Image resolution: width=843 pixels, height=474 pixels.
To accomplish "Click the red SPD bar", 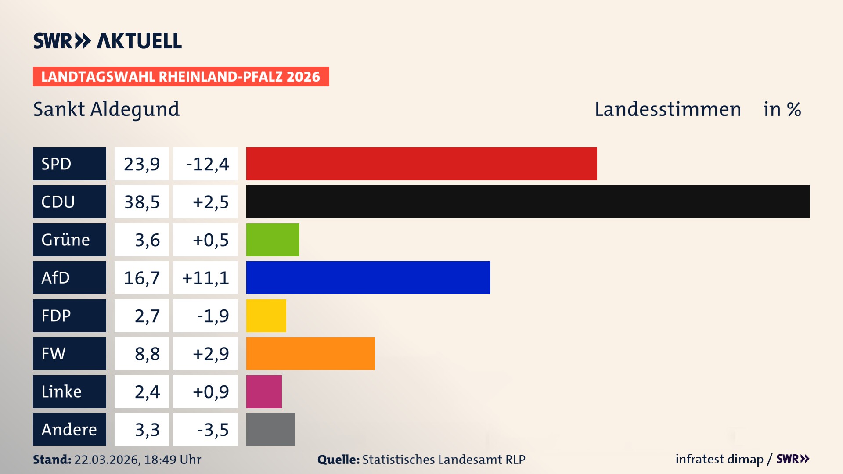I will click(x=421, y=164).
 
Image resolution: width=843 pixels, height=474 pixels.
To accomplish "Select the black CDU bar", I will click(x=528, y=202).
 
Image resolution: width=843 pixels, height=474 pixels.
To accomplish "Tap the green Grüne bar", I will click(x=273, y=240).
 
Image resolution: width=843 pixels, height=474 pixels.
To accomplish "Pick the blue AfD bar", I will click(x=368, y=278).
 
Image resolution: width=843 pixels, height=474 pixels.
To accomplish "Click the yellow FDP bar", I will click(x=266, y=316).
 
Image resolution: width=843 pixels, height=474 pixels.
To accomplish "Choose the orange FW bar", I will click(x=310, y=353).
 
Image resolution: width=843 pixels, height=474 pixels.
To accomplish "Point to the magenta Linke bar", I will click(x=264, y=391).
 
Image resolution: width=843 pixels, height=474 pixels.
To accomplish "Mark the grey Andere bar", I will click(x=270, y=429).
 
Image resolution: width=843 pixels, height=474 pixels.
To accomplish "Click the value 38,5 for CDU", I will click(x=141, y=202).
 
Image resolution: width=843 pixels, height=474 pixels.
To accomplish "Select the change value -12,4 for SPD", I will click(x=207, y=164).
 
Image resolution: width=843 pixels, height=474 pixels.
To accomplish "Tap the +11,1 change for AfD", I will click(x=205, y=278).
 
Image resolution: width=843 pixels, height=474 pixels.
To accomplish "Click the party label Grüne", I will click(x=66, y=240).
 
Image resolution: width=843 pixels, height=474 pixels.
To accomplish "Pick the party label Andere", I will click(x=69, y=429).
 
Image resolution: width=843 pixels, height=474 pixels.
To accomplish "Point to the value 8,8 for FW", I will click(x=147, y=354).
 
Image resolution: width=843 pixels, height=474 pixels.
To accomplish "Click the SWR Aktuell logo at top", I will click(x=108, y=41).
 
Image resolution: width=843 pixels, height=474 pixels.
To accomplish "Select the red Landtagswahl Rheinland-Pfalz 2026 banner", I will click(x=181, y=77).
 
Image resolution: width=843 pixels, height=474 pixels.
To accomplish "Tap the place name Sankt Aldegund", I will click(x=106, y=109).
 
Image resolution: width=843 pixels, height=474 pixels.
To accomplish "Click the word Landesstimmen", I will click(x=667, y=109).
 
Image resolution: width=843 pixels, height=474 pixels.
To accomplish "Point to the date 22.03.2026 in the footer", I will click(x=107, y=460).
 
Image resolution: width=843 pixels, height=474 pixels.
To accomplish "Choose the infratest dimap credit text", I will click(x=719, y=459).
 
